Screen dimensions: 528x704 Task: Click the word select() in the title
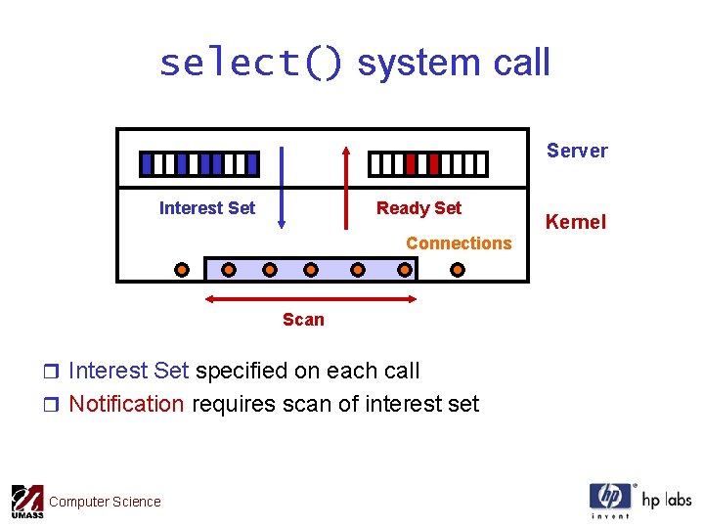point(250,64)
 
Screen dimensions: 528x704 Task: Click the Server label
point(577,151)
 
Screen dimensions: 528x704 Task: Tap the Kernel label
point(576,222)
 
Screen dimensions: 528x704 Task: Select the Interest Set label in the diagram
point(206,208)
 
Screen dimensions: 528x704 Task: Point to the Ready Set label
point(418,208)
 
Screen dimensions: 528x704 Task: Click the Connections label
point(459,243)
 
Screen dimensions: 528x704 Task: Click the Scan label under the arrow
point(303,320)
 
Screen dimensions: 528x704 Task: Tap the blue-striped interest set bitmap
point(199,163)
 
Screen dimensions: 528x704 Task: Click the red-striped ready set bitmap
point(427,163)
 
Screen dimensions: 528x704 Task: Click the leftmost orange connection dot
point(182,269)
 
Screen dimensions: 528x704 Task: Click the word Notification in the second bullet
point(126,405)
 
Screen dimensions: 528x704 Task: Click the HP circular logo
point(610,496)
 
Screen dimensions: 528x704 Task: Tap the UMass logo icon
point(27,501)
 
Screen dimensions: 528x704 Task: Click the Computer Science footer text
point(105,503)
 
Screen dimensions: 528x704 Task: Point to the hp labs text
point(666,500)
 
